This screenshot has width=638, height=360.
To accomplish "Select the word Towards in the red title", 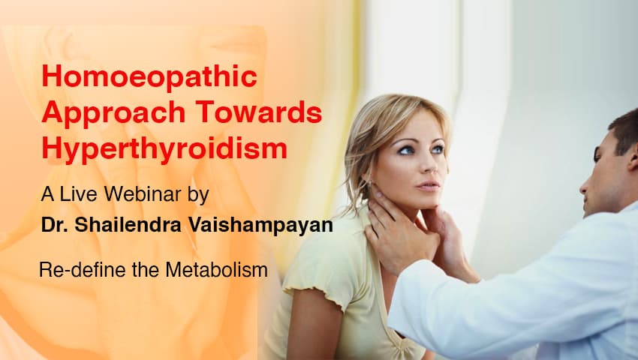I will pos(260,113).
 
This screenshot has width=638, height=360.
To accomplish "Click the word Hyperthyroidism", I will pos(164,148).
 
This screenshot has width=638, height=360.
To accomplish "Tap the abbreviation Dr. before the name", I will pos(55,226).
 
